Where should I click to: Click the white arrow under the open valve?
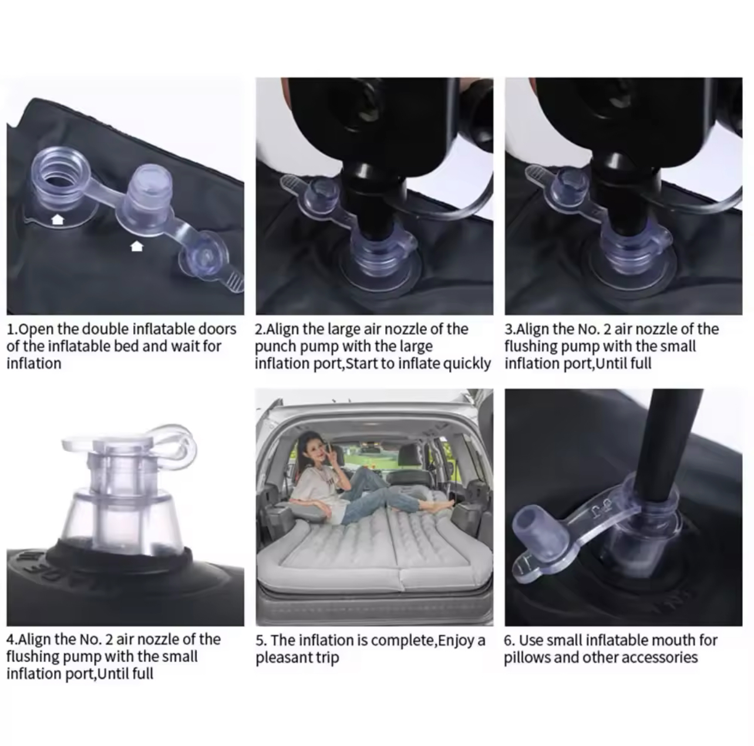pos(58,220)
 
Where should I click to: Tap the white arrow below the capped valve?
pos(137,246)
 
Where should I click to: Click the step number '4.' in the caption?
pos(12,639)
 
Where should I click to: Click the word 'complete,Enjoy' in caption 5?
pos(417,641)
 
